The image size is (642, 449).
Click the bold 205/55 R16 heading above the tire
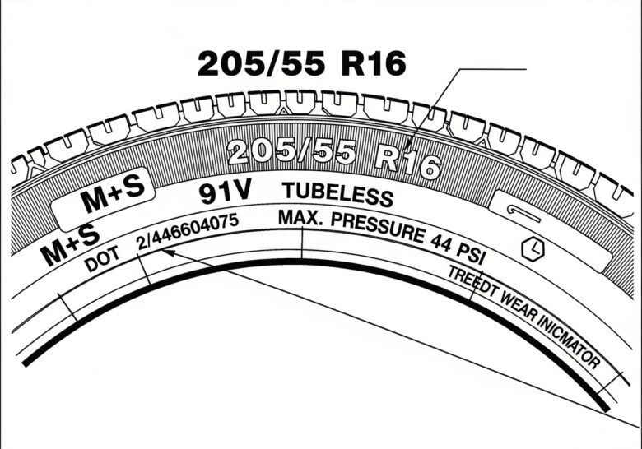click(x=302, y=63)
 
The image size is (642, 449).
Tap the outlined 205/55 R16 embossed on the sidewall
click(x=333, y=157)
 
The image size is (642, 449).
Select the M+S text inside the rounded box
click(x=113, y=194)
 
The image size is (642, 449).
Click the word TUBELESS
click(x=337, y=195)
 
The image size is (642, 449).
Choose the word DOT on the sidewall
click(x=102, y=258)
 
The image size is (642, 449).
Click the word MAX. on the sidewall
click(x=300, y=219)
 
